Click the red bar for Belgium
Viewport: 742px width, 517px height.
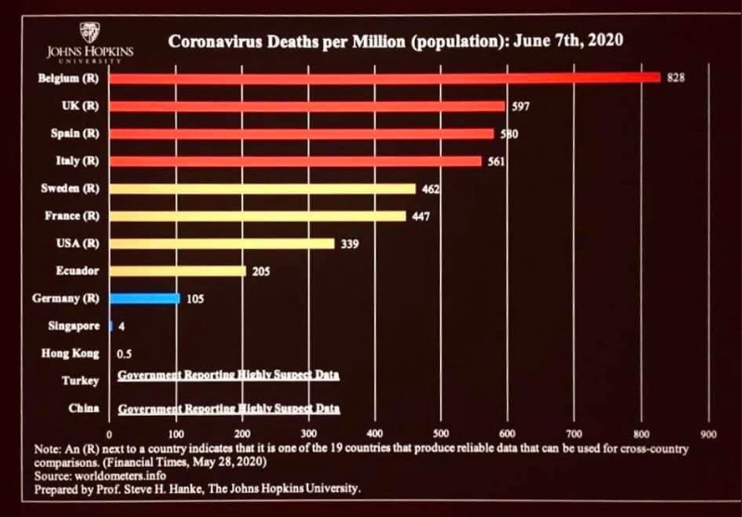384,77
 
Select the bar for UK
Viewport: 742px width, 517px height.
306,106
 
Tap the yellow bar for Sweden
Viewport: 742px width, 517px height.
262,188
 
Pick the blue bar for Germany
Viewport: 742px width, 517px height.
144,298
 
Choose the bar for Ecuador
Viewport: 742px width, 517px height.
177,271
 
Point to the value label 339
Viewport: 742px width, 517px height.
349,244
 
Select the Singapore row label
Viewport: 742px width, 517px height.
72,326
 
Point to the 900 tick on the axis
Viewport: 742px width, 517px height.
710,433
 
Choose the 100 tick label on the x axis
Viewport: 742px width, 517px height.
176,433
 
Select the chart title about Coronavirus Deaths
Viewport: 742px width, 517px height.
394,41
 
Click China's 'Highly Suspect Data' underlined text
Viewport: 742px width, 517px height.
229,408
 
